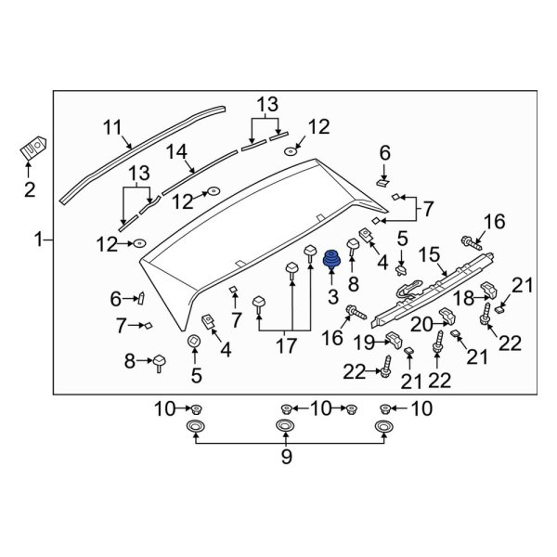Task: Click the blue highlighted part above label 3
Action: (330, 261)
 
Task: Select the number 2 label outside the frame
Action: (29, 190)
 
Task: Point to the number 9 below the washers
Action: (287, 456)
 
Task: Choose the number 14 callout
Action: (176, 151)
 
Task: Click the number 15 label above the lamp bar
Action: (428, 253)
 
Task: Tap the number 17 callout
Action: (286, 345)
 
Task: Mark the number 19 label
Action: (364, 343)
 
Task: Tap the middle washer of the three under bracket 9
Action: (287, 426)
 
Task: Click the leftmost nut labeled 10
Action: (197, 408)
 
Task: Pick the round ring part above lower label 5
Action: (194, 343)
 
